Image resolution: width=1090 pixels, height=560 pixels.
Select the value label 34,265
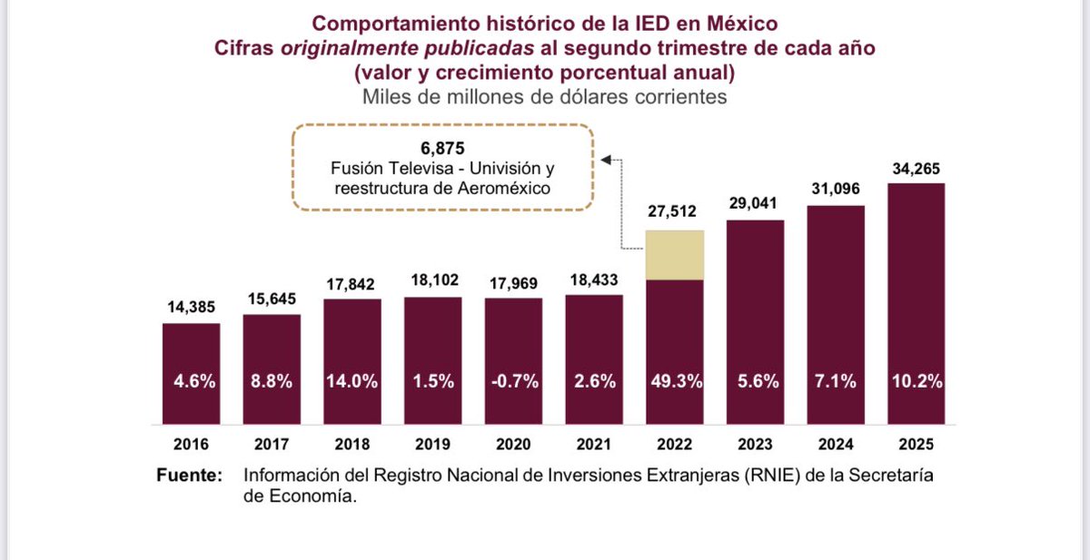[x=916, y=168]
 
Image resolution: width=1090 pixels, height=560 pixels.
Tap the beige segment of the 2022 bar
[x=675, y=255]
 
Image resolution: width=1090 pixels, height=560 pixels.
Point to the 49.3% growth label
[x=675, y=382]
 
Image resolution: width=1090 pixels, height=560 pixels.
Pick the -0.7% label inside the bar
[x=513, y=382]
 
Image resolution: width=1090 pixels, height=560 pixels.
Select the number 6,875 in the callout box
[x=442, y=148]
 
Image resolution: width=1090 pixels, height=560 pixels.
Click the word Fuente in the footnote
[x=188, y=476]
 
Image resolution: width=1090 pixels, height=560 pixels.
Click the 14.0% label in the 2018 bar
[x=352, y=382]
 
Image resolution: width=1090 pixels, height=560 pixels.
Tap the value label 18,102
[x=432, y=282]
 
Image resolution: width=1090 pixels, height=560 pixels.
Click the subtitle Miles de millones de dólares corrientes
[x=544, y=96]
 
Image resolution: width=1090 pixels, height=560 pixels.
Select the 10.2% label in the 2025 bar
[x=916, y=382]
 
